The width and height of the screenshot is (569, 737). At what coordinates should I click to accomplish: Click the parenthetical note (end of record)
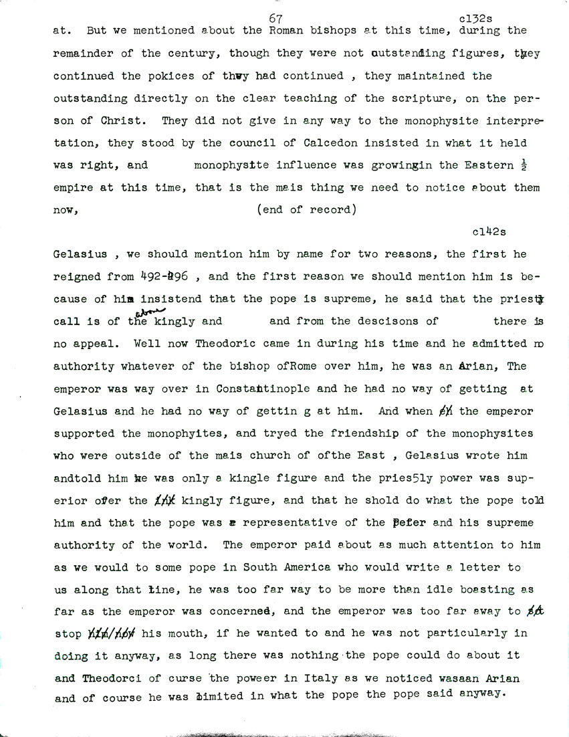[x=305, y=209]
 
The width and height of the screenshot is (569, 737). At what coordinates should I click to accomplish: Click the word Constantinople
[x=265, y=388]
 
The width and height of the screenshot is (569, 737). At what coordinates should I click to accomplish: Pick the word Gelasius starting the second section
[x=79, y=254]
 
